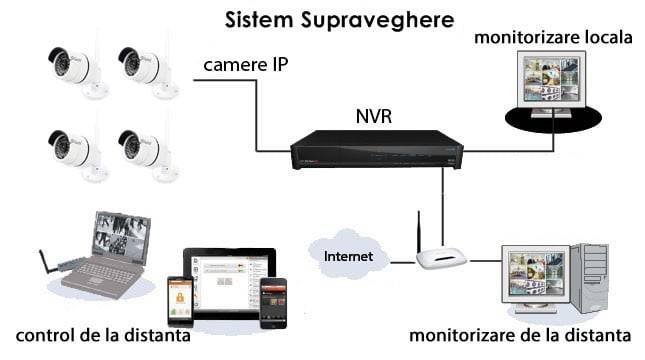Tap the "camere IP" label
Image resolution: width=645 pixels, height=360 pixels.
point(246,66)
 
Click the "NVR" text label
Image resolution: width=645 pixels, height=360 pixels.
point(374,115)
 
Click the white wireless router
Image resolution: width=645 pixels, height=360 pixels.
point(441,259)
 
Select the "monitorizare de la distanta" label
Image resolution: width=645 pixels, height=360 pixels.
point(520,334)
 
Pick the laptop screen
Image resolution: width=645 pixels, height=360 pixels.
point(122,237)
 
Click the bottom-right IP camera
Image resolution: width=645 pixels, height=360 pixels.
point(142,151)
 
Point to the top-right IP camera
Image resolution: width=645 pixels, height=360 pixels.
point(142,67)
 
